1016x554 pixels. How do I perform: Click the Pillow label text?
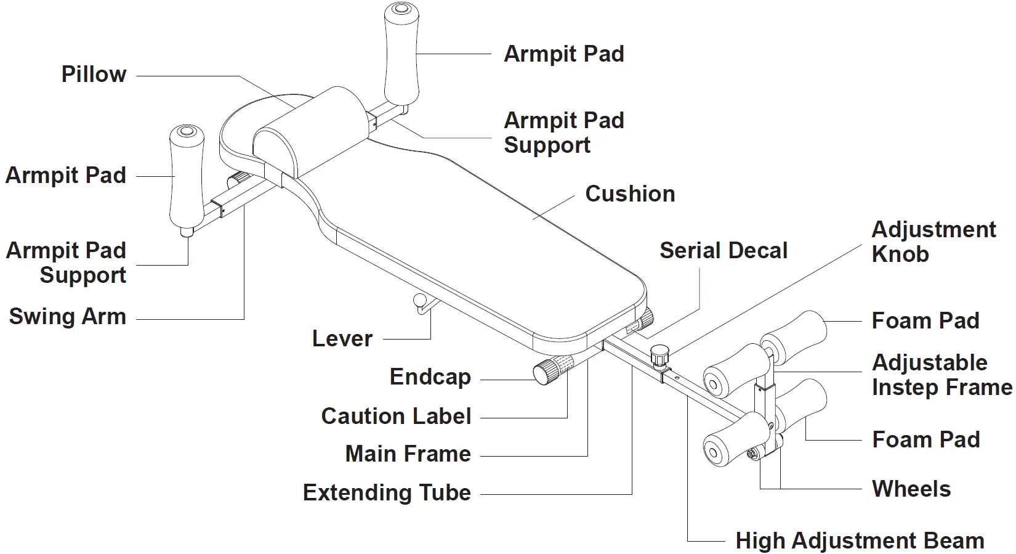point(94,75)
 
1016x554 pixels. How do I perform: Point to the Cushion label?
point(629,193)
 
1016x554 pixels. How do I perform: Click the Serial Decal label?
point(723,251)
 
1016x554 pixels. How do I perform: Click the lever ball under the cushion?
point(420,301)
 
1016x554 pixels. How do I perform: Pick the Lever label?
point(342,339)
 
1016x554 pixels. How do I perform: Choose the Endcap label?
point(430,377)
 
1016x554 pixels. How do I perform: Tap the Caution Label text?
point(396,417)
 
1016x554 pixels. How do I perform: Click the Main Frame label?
point(408,454)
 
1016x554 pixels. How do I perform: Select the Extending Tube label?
point(387,493)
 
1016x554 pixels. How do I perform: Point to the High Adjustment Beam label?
point(860,541)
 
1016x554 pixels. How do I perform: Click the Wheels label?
point(911,489)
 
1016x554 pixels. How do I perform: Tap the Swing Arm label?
point(67,317)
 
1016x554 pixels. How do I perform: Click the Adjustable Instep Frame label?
point(941,375)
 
